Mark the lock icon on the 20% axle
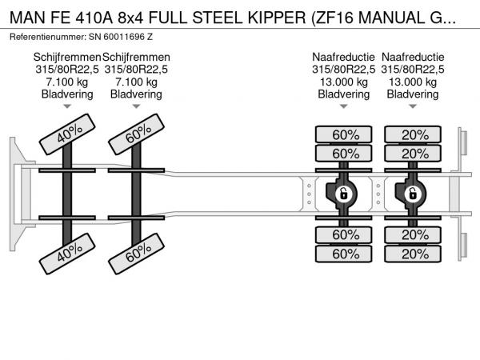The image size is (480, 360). (413, 194)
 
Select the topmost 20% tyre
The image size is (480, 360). (413, 134)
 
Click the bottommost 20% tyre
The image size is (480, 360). (413, 254)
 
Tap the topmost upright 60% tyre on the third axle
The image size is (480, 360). (344, 134)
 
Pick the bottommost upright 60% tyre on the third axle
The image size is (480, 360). (344, 254)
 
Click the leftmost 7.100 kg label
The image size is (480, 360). (67, 82)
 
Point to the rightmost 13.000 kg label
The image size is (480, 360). (413, 82)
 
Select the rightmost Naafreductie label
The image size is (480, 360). (413, 57)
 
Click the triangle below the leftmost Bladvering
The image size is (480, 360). (67, 106)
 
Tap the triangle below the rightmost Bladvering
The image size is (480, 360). (413, 106)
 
